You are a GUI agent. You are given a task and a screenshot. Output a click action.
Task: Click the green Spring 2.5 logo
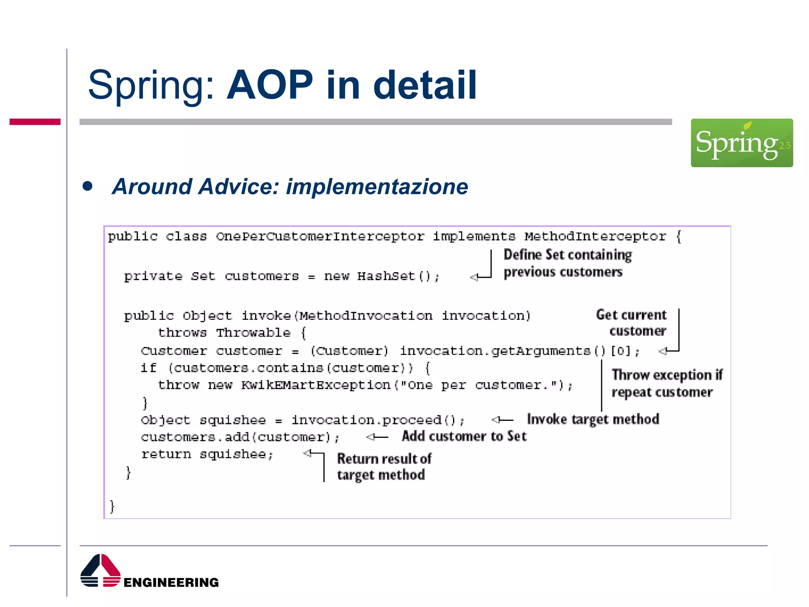tap(741, 143)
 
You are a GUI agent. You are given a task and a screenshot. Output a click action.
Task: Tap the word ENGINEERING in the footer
tap(171, 582)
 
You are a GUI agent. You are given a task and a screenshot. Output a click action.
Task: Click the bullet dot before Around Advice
tap(88, 186)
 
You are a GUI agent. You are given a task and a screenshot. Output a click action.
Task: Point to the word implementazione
tap(377, 187)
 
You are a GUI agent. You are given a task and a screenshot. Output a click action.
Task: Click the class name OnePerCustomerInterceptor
tap(320, 236)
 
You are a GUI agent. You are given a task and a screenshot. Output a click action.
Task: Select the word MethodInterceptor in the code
tap(595, 236)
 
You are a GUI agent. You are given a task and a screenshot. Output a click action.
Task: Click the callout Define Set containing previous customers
tap(567, 263)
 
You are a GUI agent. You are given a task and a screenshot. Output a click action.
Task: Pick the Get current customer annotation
tap(632, 322)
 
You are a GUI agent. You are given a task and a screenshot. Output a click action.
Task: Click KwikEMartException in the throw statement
tap(316, 385)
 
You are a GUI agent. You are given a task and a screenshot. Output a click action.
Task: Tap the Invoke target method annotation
tap(593, 419)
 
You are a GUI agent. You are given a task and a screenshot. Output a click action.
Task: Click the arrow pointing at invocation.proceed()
tap(502, 420)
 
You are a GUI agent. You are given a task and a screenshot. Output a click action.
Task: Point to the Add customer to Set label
tap(464, 436)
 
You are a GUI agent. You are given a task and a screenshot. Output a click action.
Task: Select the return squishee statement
tap(207, 454)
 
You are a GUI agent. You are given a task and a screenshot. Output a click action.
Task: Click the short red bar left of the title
tap(35, 122)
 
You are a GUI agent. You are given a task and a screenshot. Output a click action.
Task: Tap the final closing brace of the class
tap(112, 506)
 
